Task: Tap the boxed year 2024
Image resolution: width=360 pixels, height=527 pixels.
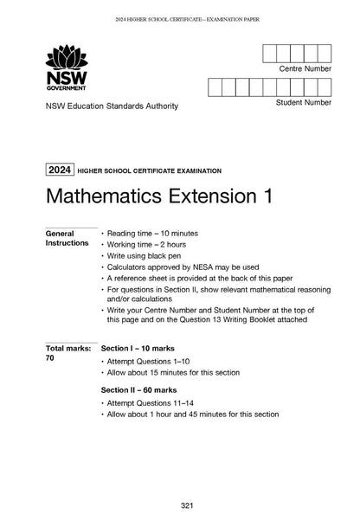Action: [61, 170]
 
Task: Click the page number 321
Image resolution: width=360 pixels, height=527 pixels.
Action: [180, 505]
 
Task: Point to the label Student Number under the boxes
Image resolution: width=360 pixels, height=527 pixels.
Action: [303, 102]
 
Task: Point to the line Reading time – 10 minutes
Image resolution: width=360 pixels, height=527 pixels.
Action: [153, 234]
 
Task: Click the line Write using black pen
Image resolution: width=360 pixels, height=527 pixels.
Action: [145, 258]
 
